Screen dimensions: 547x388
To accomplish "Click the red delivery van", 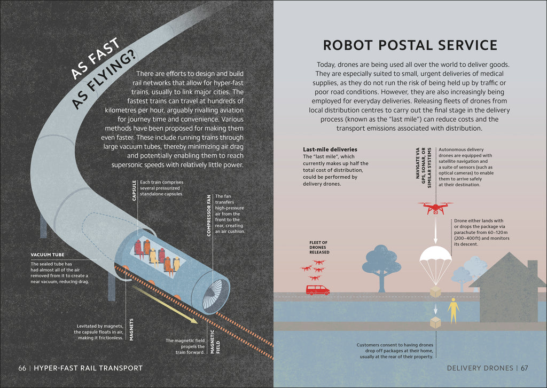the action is tap(317, 290).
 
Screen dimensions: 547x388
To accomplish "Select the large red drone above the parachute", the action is tap(435, 208).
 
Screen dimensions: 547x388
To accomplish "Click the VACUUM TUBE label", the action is tap(48, 255).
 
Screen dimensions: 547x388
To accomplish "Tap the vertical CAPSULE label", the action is tap(134, 191).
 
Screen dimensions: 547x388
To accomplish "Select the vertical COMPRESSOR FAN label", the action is tap(209, 216).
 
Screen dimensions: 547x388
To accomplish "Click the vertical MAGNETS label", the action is tap(131, 329).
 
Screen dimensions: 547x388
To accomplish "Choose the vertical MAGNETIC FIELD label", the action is tap(215, 342).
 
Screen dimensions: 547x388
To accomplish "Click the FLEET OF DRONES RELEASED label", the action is tap(319, 247).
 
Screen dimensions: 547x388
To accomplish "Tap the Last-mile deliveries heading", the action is tap(330, 149).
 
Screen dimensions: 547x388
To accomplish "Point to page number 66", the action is tap(22, 368).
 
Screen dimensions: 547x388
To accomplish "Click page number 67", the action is tap(525, 368).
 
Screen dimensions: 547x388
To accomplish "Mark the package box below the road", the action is tap(435, 322).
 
